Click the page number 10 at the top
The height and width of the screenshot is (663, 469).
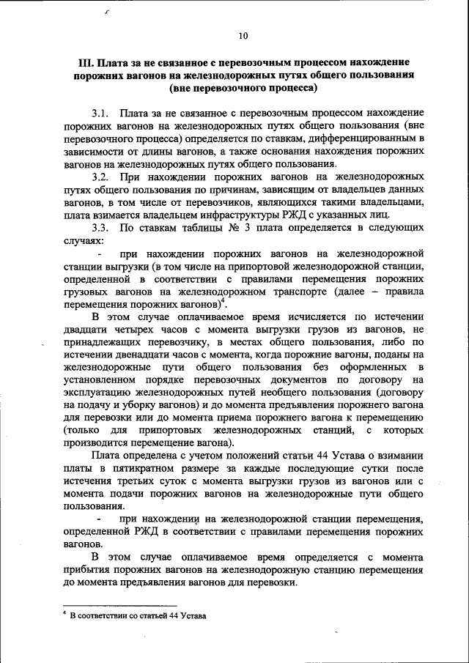click(x=243, y=35)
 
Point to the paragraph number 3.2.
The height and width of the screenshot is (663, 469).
click(x=100, y=177)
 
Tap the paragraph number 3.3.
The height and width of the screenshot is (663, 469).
click(x=100, y=228)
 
